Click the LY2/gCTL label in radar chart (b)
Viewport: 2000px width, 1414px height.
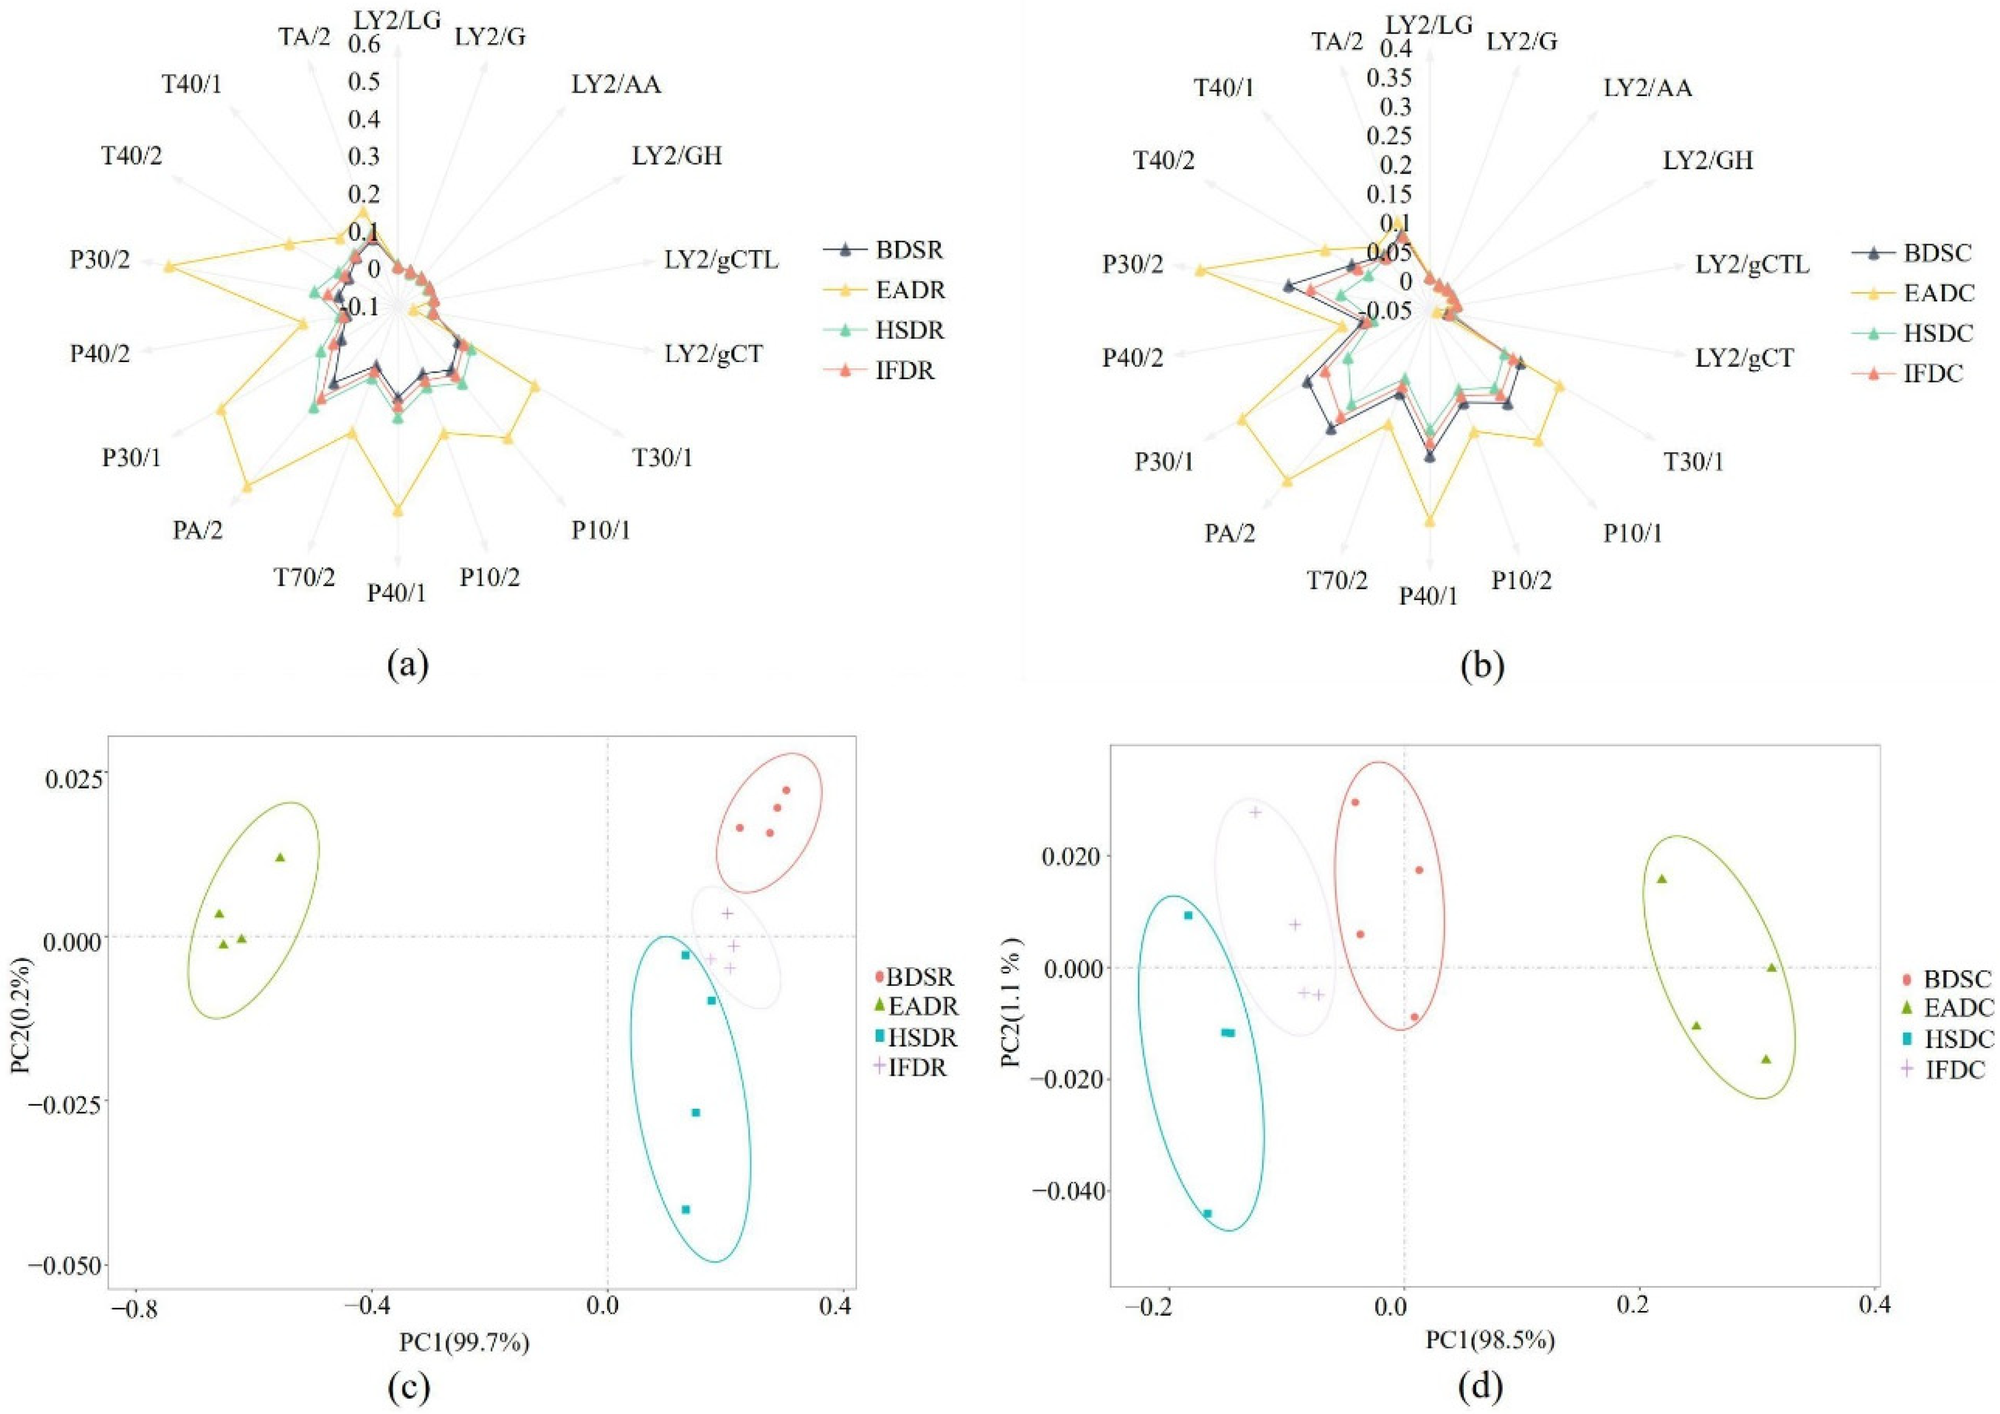[1752, 265]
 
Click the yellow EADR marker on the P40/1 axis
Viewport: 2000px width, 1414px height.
[398, 511]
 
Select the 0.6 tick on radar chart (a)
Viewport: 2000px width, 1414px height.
[365, 44]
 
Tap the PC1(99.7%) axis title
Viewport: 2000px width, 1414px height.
[464, 1342]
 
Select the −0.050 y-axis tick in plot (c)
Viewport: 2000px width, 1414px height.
[66, 1264]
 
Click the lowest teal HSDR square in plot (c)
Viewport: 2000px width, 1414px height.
[685, 1209]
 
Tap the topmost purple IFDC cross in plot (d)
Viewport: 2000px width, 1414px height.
[1255, 812]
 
